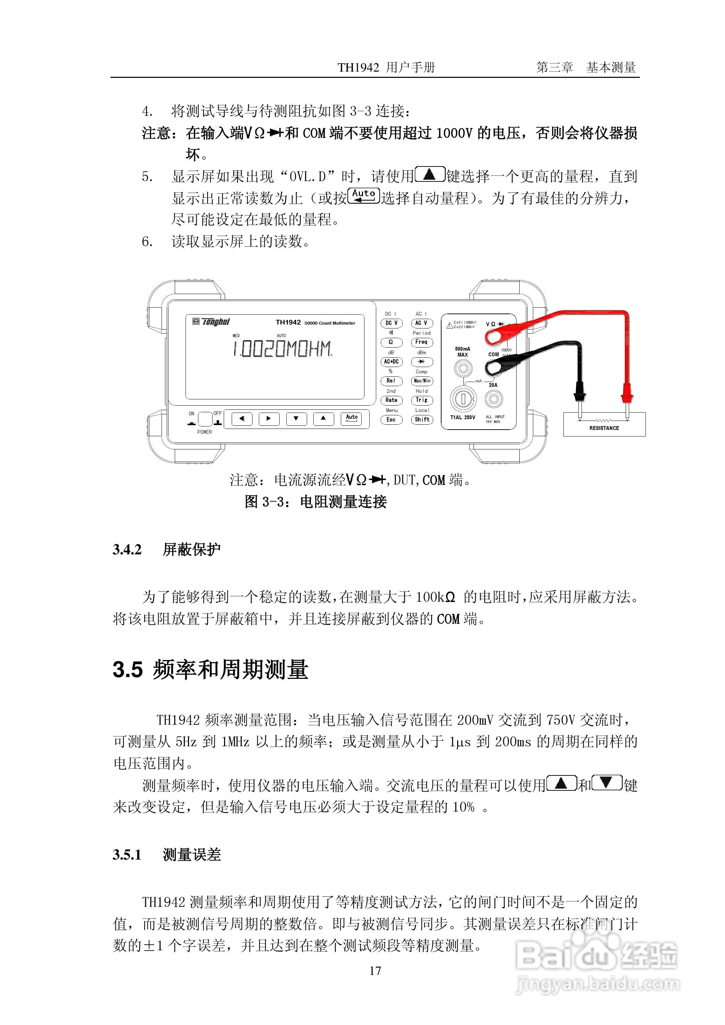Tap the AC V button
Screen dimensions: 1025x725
click(x=421, y=323)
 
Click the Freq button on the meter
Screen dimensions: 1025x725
click(x=421, y=342)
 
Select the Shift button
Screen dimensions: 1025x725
click(x=421, y=420)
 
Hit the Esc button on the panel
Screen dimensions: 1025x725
click(x=391, y=420)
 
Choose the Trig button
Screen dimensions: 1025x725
click(x=421, y=400)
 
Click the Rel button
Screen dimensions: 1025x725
click(x=391, y=381)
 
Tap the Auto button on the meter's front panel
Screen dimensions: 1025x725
click(x=352, y=418)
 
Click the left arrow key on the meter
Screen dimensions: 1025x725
click(x=241, y=419)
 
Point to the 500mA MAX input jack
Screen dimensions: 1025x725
click(x=462, y=369)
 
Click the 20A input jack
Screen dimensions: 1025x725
click(x=493, y=398)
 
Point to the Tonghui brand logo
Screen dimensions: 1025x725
click(x=212, y=322)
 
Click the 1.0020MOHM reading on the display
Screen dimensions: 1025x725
click(x=282, y=349)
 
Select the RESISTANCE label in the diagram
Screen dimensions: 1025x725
click(x=604, y=428)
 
